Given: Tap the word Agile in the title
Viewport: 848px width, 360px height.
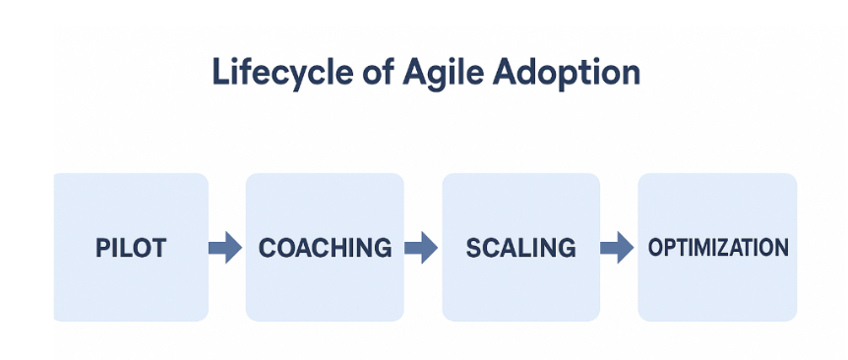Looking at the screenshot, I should tap(422, 74).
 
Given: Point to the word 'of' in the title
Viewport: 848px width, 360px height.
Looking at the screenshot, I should tap(360, 74).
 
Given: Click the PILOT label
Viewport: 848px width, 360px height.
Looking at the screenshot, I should tap(131, 248).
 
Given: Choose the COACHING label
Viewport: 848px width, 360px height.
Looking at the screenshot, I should tap(325, 248).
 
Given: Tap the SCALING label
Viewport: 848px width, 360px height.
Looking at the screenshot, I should tap(521, 248).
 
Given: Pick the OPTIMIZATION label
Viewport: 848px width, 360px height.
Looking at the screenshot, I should tap(718, 248).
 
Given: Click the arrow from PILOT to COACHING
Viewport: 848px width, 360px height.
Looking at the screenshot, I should tap(225, 248).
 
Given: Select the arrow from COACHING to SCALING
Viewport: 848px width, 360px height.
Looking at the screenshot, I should tap(421, 248).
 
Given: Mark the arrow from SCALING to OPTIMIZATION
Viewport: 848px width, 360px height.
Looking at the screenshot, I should tap(617, 248).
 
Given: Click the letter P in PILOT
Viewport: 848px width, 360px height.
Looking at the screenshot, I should tap(102, 248).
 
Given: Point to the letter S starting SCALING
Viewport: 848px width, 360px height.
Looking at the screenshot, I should tap(473, 248).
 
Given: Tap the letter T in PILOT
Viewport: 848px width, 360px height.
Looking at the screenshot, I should tap(158, 248).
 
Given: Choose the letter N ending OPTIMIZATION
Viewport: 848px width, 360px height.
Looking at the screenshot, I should tap(781, 248).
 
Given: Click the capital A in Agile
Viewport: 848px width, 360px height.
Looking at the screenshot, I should tap(393, 74).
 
